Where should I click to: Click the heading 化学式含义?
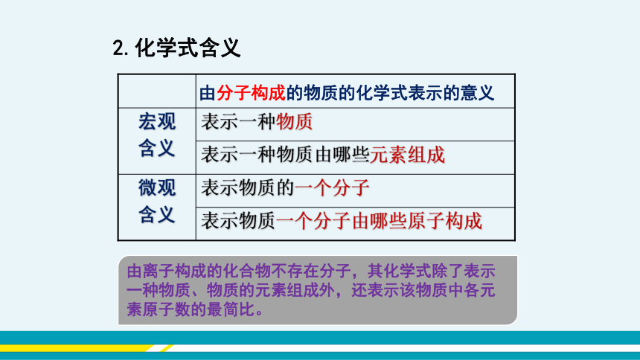(x=188, y=48)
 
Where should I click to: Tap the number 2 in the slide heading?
(x=119, y=48)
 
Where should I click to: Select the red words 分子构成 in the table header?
(x=251, y=93)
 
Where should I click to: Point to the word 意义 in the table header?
(x=477, y=93)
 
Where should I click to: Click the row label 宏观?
(x=157, y=122)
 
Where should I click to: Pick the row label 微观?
(x=157, y=187)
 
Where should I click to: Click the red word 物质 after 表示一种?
(x=294, y=122)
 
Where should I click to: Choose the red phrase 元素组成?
(x=407, y=155)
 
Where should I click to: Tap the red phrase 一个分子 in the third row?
(x=332, y=187)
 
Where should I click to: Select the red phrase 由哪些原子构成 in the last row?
(x=417, y=221)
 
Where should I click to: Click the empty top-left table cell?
(x=157, y=91)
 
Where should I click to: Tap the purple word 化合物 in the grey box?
(x=255, y=271)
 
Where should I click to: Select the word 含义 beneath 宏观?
(x=157, y=148)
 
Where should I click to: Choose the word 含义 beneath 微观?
(x=157, y=214)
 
